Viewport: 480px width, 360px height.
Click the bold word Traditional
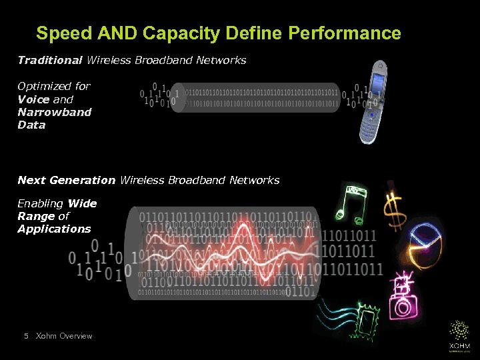pyautogui.click(x=50, y=61)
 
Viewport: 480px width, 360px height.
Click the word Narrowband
pyautogui.click(x=55, y=112)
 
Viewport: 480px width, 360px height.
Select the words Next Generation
pyautogui.click(x=66, y=181)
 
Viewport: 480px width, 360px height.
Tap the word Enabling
pyautogui.click(x=41, y=203)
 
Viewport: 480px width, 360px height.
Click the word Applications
pyautogui.click(x=54, y=229)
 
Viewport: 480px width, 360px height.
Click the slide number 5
pyautogui.click(x=25, y=336)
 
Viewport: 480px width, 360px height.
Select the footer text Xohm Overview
pyautogui.click(x=64, y=336)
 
